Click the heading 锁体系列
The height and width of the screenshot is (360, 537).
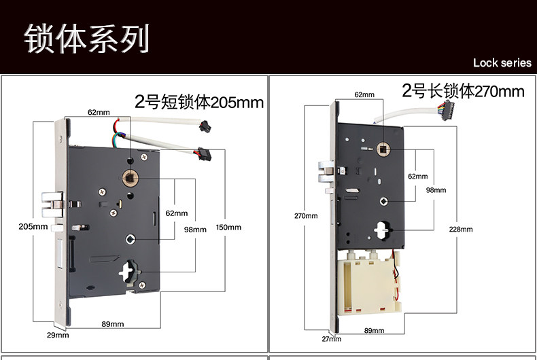pos(86,38)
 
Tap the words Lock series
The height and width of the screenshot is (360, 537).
pos(502,63)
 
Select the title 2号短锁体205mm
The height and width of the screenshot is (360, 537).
pos(198,103)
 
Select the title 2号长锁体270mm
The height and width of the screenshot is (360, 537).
pos(463,91)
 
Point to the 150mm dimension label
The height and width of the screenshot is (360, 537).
pos(228,228)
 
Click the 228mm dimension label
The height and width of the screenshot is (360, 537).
pos(461,230)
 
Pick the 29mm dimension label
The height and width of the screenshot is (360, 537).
pos(57,335)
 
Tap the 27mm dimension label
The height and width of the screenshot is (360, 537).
pos(330,338)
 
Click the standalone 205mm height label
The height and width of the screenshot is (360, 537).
pos(33,226)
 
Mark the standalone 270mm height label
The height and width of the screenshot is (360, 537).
pos(306,216)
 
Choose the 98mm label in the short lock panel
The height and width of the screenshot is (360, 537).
pos(195,230)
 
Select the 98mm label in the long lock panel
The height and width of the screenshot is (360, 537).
pos(436,190)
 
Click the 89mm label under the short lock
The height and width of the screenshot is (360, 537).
pos(112,323)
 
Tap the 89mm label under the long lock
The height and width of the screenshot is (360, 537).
pos(373,331)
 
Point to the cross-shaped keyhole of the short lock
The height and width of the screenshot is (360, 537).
pos(128,273)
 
